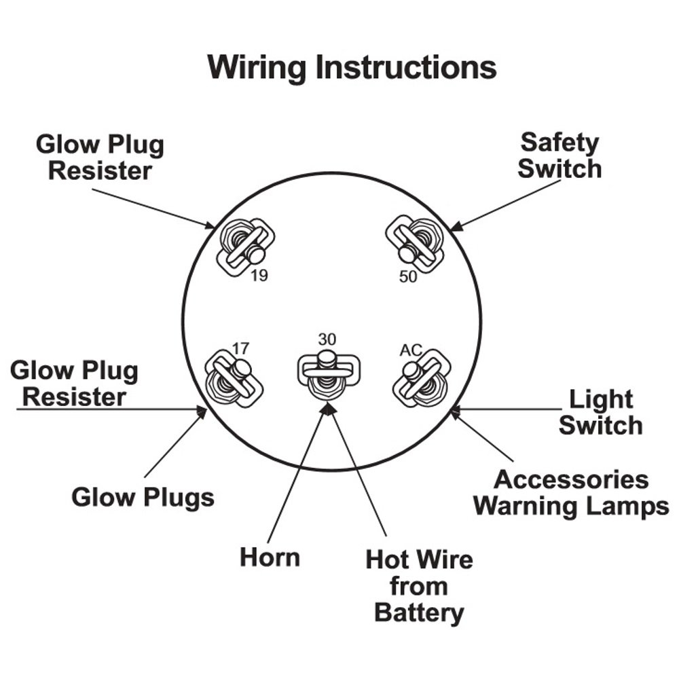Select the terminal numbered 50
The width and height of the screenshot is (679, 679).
415,244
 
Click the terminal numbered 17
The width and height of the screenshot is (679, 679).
234,379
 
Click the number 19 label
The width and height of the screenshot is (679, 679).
259,276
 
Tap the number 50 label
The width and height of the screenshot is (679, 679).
408,277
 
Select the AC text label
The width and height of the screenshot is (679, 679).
411,350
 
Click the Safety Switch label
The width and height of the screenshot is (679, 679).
559,156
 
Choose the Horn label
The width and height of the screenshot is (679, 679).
270,557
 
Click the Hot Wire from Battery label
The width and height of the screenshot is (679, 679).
419,586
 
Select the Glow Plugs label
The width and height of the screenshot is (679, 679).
143,498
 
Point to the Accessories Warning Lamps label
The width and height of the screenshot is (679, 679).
571,493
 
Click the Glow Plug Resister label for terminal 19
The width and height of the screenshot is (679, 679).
100,158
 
